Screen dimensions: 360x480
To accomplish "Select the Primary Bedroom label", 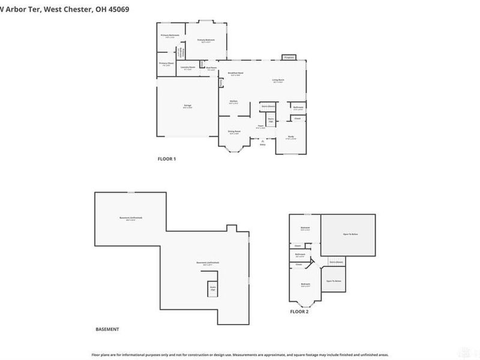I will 206,40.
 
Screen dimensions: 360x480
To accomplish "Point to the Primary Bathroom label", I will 170,36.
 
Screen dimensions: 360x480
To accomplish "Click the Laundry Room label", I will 188,67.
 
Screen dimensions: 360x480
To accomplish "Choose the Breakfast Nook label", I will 234,74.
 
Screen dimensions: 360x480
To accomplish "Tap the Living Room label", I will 278,80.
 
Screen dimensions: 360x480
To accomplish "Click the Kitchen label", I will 234,101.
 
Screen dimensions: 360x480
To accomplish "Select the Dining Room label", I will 234,131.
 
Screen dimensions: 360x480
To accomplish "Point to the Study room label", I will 290,137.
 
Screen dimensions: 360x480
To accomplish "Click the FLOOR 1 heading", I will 166,159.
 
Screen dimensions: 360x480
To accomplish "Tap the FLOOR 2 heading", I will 299,312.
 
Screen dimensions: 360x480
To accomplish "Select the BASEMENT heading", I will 107,329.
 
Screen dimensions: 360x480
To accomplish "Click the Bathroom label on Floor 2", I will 300,254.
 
